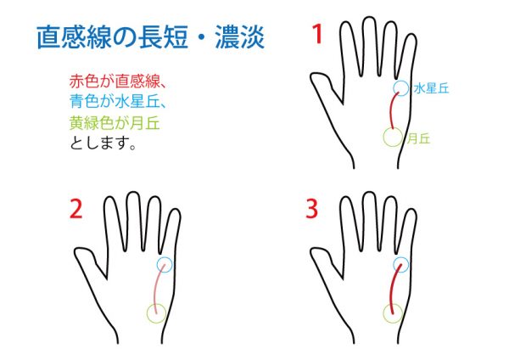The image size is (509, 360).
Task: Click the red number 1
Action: (317, 34)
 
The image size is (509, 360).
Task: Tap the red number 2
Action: (76, 210)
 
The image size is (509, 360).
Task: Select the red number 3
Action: (311, 209)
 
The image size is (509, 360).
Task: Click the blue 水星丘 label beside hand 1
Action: (432, 88)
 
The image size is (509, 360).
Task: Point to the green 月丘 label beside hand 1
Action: (419, 138)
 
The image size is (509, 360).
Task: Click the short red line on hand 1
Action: (391, 110)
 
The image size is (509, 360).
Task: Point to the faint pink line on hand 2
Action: (157, 289)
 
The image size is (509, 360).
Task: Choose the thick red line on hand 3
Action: (393, 289)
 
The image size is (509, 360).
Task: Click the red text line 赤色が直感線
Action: (118, 82)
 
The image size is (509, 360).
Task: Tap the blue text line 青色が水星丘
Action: (118, 101)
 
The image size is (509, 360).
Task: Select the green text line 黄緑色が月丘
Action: (115, 123)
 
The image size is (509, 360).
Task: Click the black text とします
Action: (103, 143)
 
